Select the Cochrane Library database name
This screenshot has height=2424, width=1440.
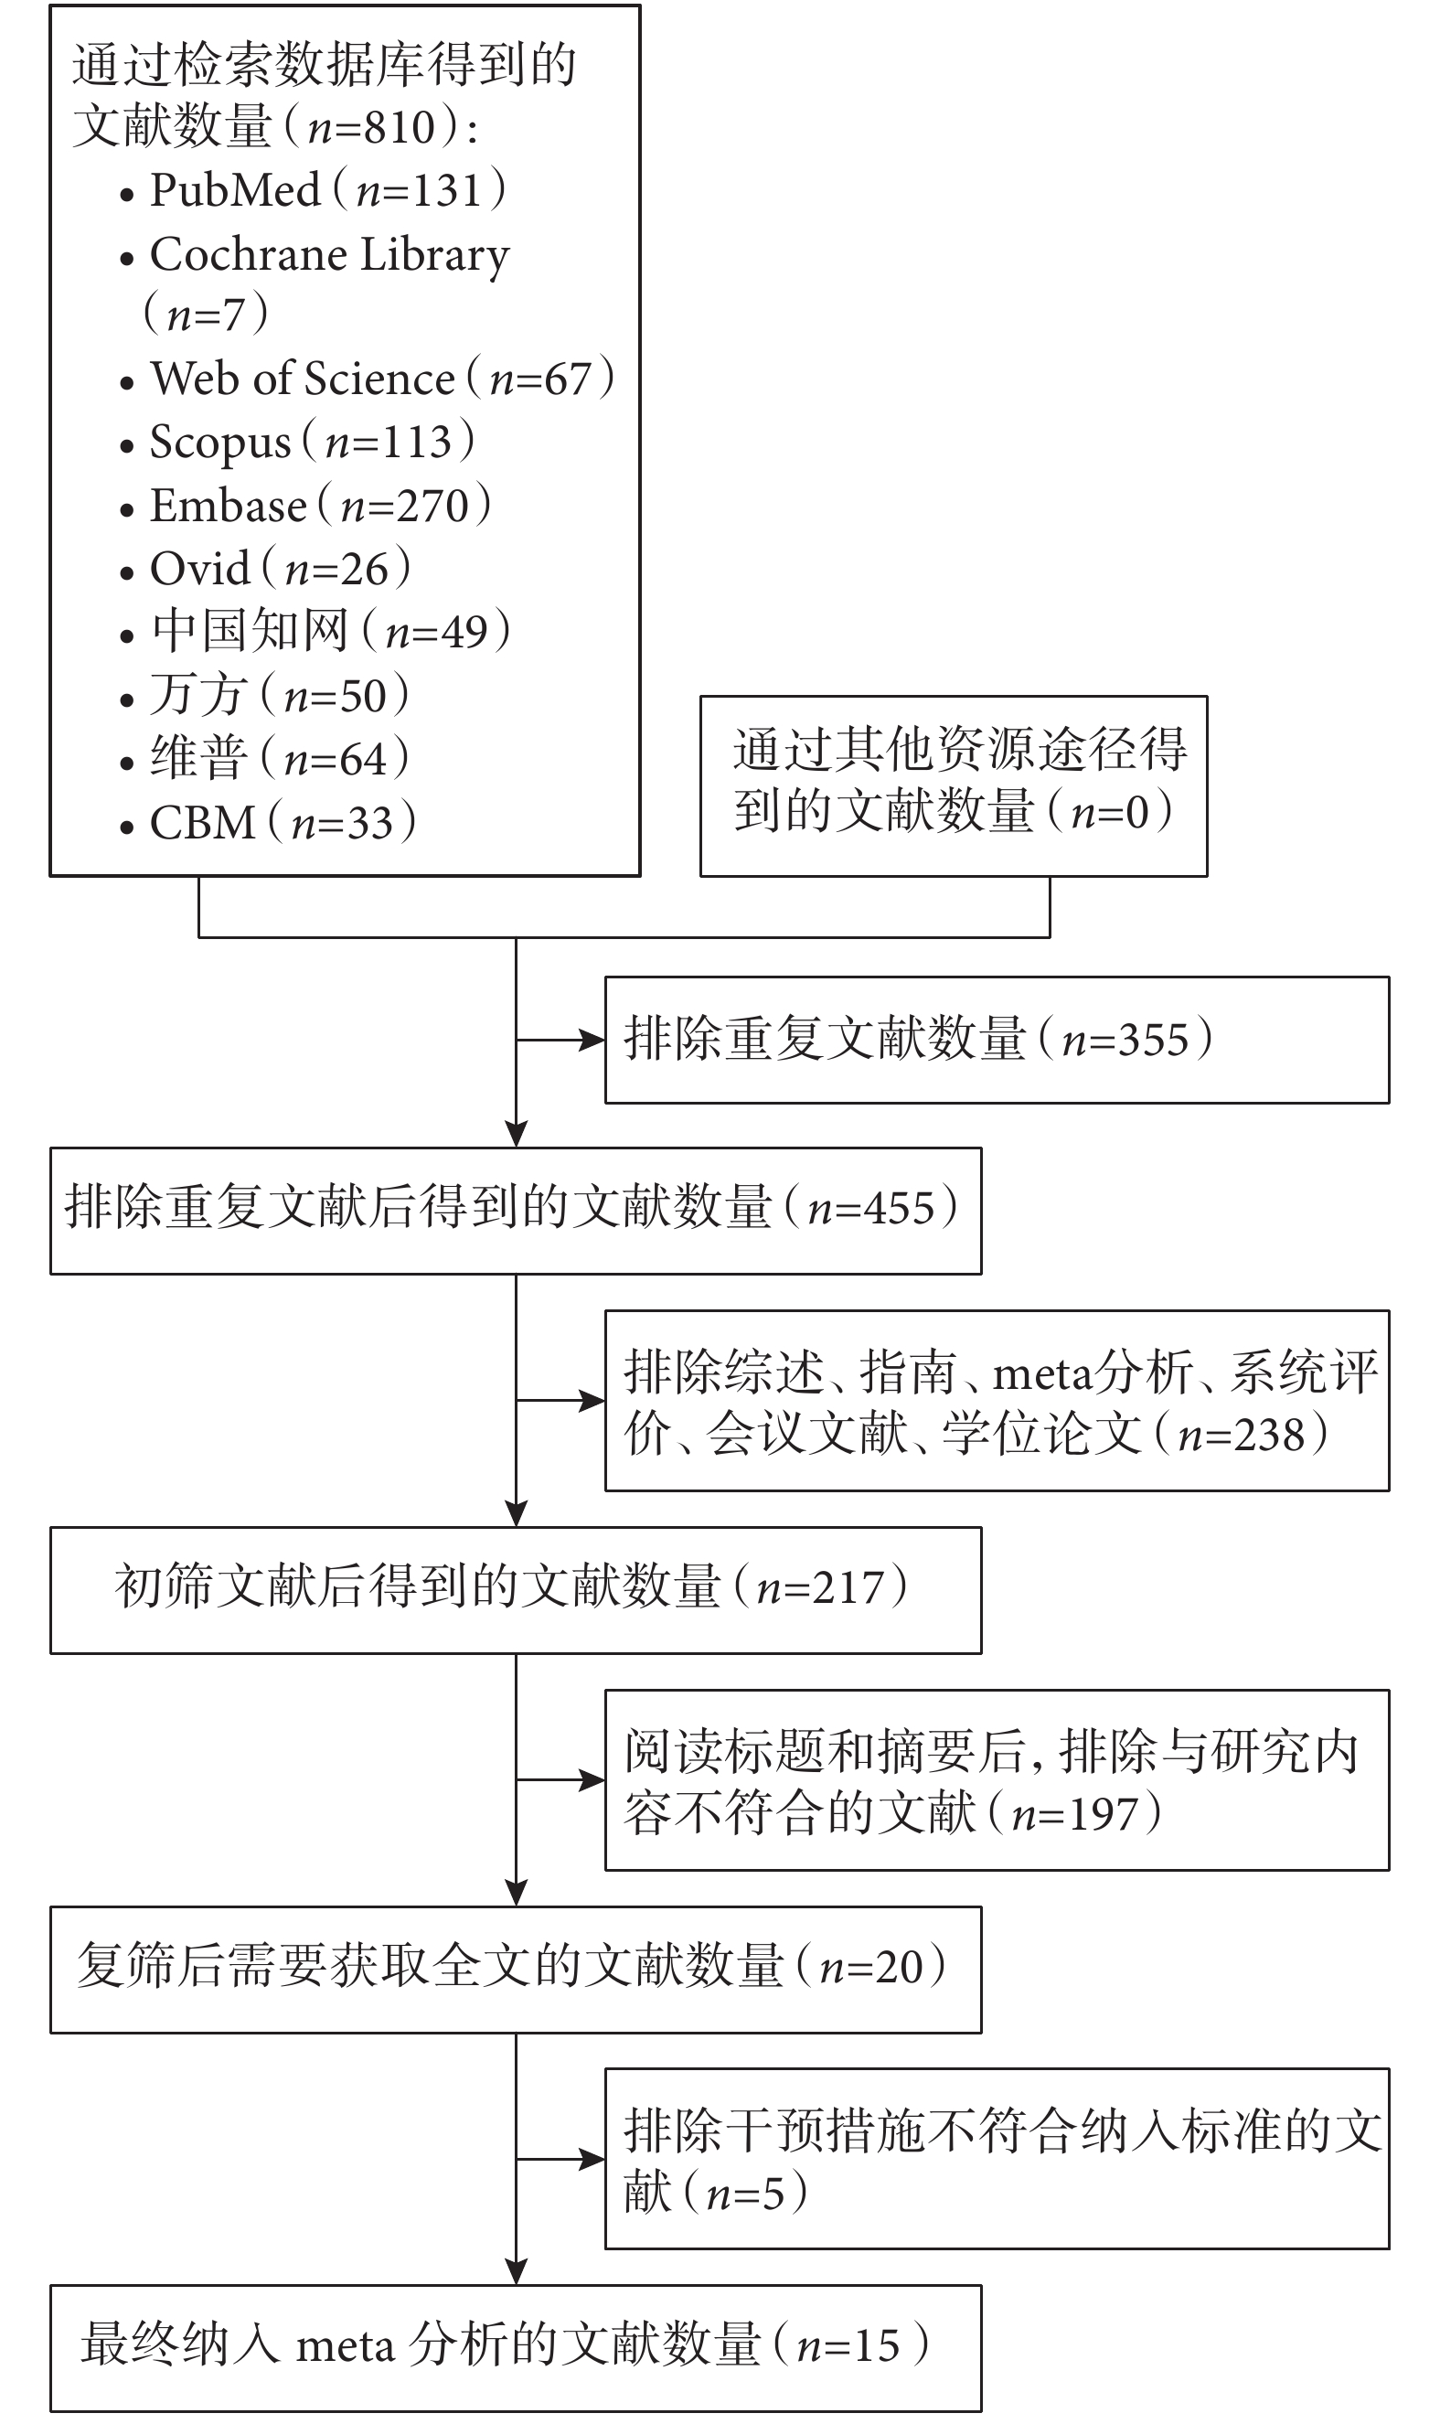(330, 254)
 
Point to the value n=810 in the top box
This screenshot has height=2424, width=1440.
(371, 127)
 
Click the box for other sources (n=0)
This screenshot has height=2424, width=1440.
(954, 786)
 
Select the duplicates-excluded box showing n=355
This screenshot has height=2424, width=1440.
(997, 1041)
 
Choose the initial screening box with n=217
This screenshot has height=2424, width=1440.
(517, 1590)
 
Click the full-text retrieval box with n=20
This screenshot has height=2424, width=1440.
(517, 1970)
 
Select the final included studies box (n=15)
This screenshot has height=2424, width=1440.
(517, 2348)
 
